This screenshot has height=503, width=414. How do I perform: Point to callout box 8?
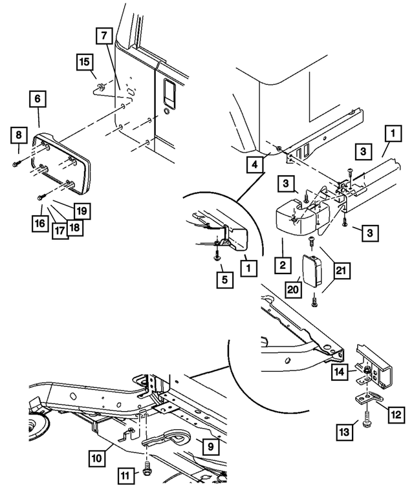[x=19, y=136]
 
